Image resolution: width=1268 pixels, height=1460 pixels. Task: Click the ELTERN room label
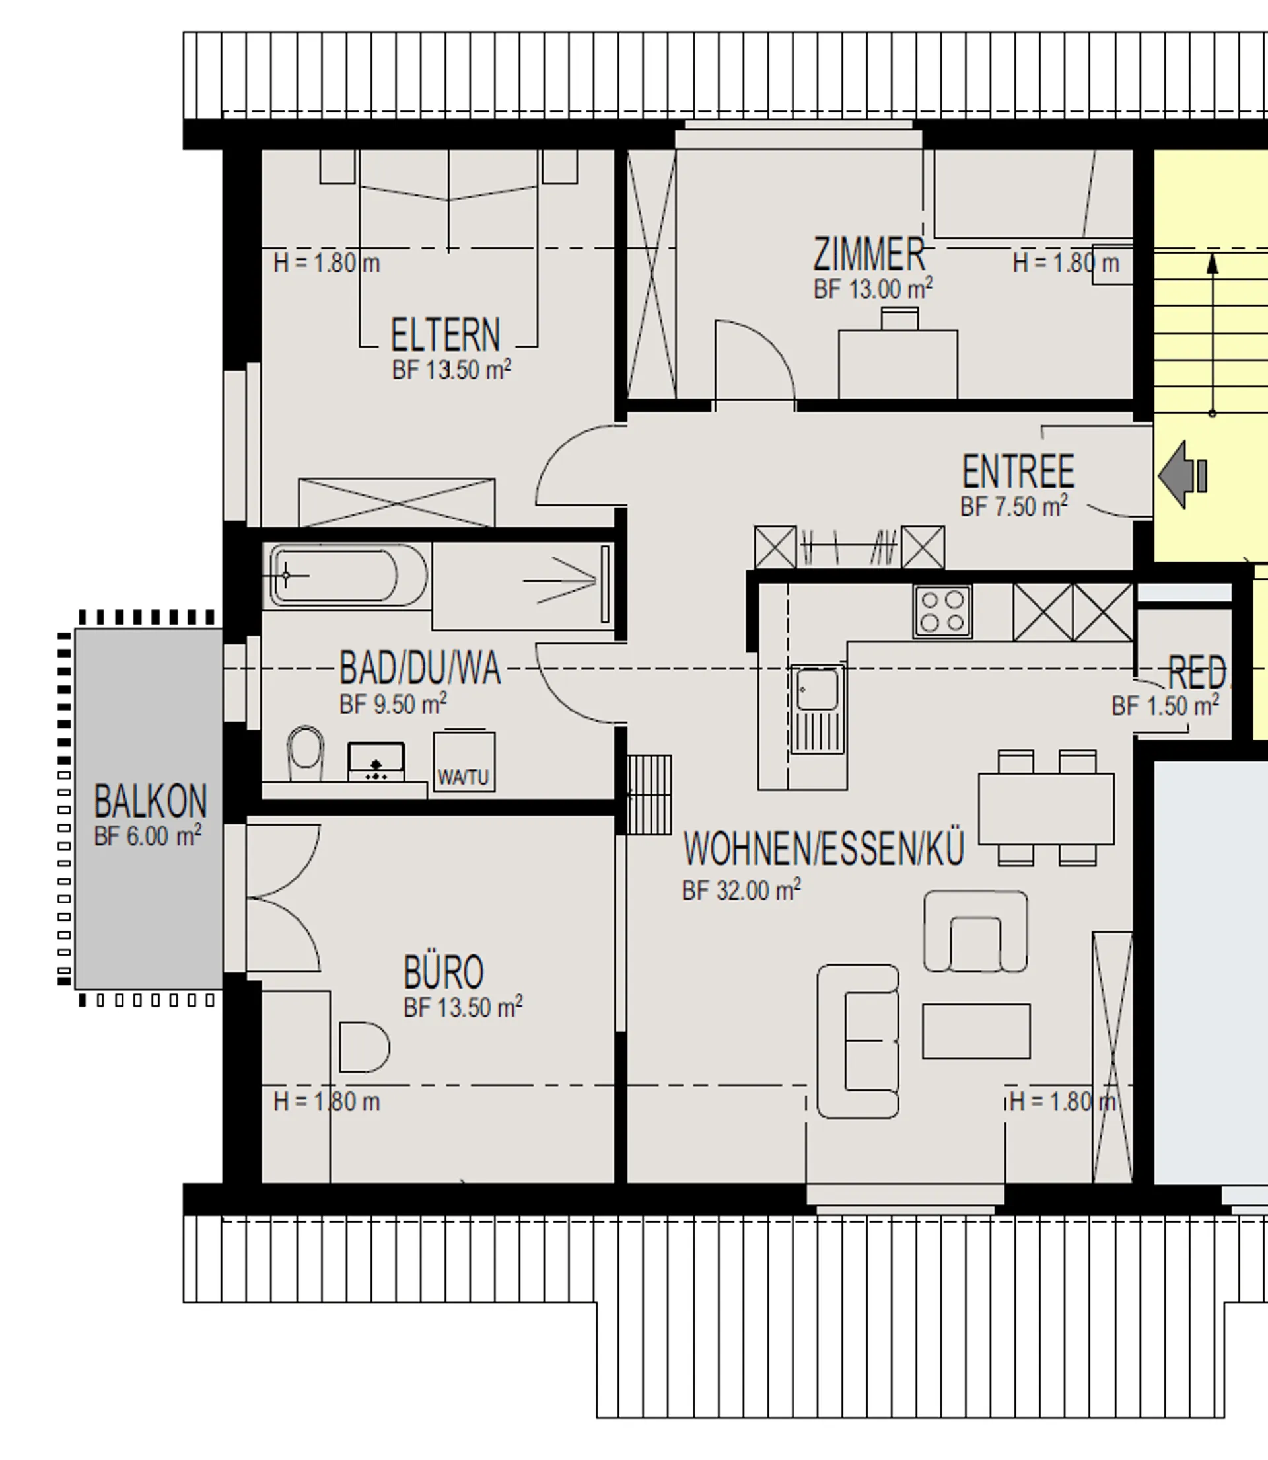445,335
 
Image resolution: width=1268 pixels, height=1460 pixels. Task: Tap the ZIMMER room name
869,254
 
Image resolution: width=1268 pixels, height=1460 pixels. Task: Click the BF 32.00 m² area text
741,890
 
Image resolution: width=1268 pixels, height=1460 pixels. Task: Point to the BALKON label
151,802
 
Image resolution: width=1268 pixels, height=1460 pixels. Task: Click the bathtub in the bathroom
347,575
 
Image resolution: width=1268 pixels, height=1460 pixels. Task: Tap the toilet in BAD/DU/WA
306,752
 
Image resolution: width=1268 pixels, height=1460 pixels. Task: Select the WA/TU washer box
464,762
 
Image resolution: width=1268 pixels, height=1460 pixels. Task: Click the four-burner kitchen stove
942,611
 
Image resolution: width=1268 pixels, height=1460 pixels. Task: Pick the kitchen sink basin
818,688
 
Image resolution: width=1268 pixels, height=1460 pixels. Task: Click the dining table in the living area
1046,808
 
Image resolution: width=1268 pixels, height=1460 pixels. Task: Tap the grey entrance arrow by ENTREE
1181,475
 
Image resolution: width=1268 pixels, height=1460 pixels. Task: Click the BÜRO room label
444,972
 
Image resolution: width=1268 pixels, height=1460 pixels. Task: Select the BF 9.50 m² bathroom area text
394,704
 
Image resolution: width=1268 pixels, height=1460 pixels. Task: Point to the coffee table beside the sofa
976,1031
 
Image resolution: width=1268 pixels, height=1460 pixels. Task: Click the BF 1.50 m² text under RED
1166,705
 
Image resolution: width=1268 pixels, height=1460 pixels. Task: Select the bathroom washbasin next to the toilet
376,762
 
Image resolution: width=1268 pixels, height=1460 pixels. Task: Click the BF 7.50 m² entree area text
1014,506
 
